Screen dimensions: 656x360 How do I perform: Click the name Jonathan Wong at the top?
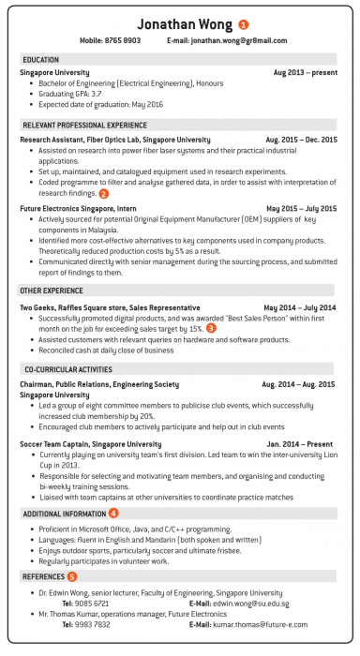pos(180,23)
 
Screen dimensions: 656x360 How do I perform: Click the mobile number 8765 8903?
pos(122,41)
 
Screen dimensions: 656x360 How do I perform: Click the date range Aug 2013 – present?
pos(304,72)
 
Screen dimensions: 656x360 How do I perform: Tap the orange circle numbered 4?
pos(113,514)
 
